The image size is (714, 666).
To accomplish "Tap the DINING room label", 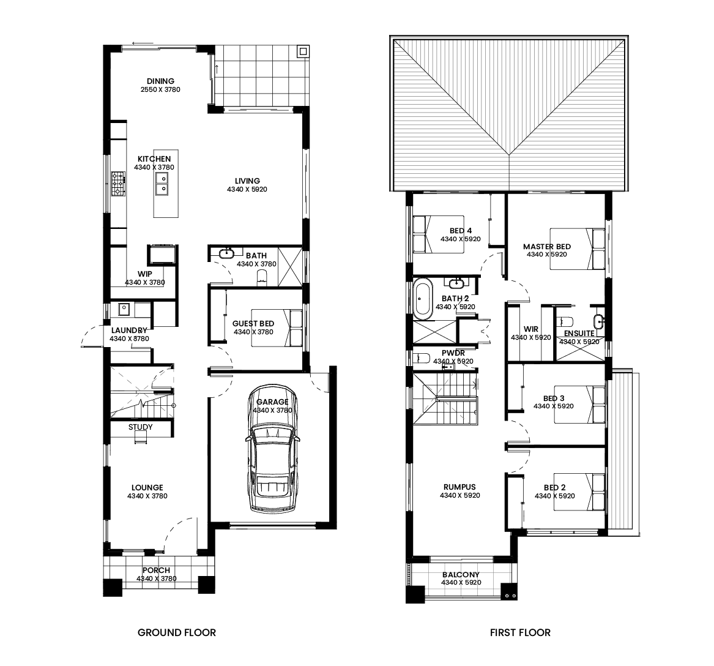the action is pyautogui.click(x=160, y=81).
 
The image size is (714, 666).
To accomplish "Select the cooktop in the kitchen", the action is pyautogui.click(x=119, y=184).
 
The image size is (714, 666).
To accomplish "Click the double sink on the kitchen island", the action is pyautogui.click(x=162, y=184).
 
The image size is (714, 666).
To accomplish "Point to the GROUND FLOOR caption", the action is pyautogui.click(x=177, y=632).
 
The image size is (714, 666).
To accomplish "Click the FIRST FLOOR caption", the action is pyautogui.click(x=520, y=632).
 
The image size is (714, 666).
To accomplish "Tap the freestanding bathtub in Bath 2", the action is pyautogui.click(x=423, y=299).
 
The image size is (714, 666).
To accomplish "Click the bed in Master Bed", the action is pyautogui.click(x=578, y=249).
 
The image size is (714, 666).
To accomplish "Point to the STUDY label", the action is pyautogui.click(x=140, y=427).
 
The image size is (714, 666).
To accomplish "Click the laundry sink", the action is pyautogui.click(x=124, y=309).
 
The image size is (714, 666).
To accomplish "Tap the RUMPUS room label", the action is pyautogui.click(x=459, y=487).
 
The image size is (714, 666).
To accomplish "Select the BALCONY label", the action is pyautogui.click(x=461, y=574).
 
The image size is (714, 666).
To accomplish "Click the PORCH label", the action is pyautogui.click(x=156, y=571).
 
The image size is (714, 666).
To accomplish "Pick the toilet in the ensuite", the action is pyautogui.click(x=564, y=321).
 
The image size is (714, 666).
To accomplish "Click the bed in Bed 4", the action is pyautogui.click(x=438, y=234).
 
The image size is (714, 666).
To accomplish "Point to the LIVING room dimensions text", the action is pyautogui.click(x=247, y=189).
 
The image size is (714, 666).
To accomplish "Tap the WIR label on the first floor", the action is pyautogui.click(x=531, y=329).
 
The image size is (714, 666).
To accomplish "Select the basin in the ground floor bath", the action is pyautogui.click(x=226, y=253).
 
